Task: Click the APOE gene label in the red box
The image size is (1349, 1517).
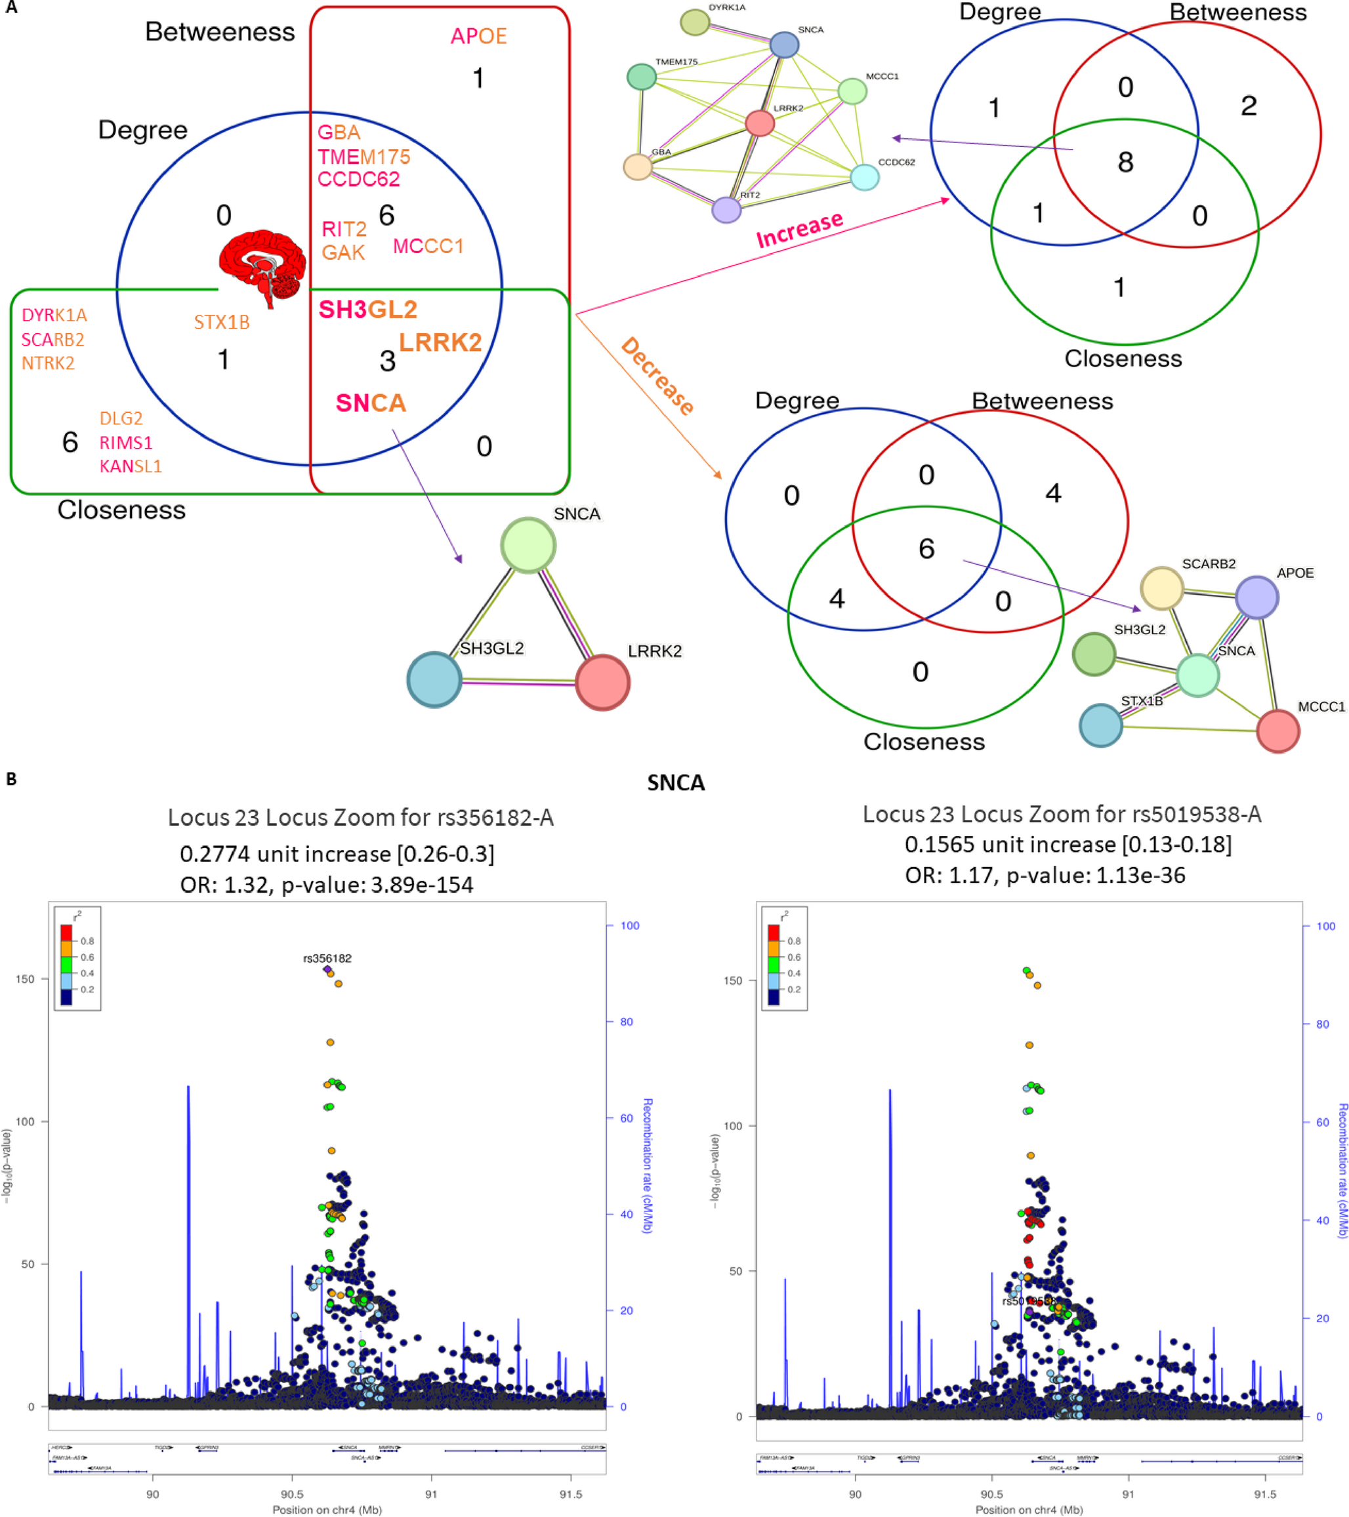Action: point(478,35)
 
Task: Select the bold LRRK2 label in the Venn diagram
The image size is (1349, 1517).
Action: point(440,342)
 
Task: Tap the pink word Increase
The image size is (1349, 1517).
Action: point(799,230)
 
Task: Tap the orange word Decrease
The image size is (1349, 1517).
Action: point(657,376)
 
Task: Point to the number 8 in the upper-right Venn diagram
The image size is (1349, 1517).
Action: point(1125,163)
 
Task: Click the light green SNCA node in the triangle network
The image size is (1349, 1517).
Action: point(528,546)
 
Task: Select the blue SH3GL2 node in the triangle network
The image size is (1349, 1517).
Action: point(434,679)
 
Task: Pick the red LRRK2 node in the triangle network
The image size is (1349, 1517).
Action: point(602,682)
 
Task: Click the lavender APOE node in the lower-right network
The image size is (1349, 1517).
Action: point(1256,597)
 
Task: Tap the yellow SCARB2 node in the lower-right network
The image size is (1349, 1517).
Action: point(1161,588)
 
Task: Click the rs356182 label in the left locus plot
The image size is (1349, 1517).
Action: point(327,958)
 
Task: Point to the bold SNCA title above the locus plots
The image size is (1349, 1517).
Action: point(676,783)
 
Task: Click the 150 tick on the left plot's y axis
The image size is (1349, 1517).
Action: point(25,979)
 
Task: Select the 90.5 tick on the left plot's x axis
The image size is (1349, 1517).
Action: point(292,1493)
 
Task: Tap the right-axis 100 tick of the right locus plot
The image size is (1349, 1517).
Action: point(1325,926)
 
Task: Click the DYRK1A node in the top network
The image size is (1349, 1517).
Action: point(694,22)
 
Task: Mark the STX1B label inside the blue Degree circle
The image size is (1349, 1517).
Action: point(221,322)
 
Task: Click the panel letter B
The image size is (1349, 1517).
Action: point(11,779)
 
